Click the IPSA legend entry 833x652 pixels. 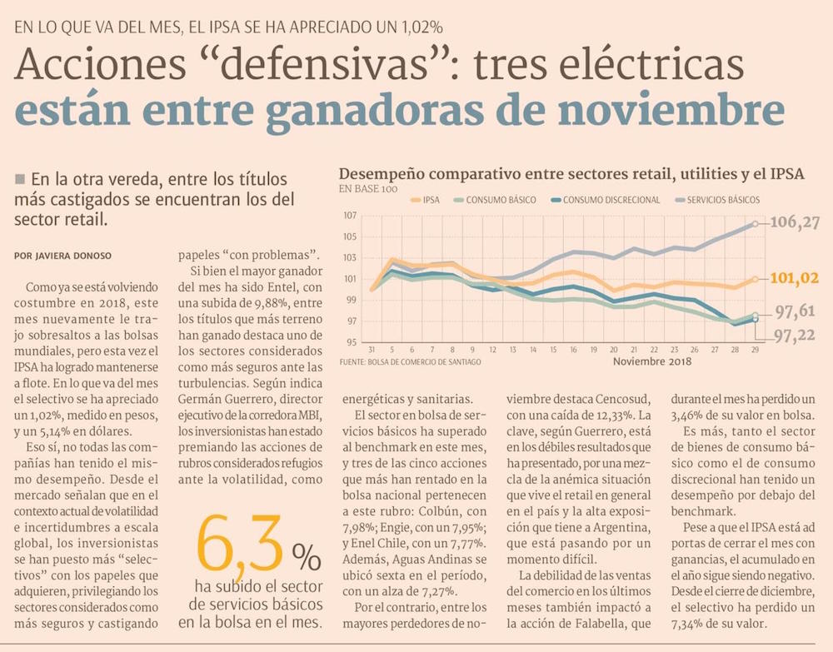click(x=426, y=200)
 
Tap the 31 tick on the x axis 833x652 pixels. click(x=372, y=350)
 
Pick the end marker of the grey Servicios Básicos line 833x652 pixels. click(x=755, y=223)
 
